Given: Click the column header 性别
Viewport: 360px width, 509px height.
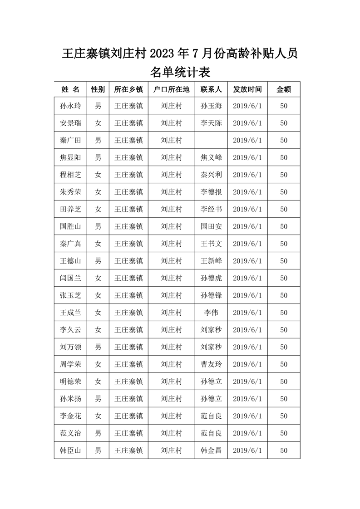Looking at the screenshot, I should (x=98, y=89).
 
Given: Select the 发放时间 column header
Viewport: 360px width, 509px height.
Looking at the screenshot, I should (x=247, y=89).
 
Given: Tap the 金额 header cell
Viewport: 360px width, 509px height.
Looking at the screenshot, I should (x=284, y=89).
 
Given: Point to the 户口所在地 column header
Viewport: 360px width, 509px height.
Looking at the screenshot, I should (x=172, y=89).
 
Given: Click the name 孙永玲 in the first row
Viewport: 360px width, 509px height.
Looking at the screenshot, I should (x=70, y=106).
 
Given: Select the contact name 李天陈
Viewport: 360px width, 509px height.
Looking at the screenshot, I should (x=211, y=123).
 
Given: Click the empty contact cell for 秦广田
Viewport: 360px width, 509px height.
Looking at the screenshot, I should (x=211, y=141).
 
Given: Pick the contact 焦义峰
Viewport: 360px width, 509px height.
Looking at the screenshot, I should (x=211, y=158).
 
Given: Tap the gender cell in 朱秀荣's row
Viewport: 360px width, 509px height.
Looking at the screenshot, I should (x=98, y=192).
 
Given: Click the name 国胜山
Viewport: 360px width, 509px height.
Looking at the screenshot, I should (x=70, y=227).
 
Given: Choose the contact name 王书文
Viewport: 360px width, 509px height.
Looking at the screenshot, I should (x=211, y=244).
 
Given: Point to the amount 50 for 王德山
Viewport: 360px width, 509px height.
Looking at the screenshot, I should (x=284, y=261).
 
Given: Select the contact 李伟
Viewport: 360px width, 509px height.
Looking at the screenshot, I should (x=211, y=313).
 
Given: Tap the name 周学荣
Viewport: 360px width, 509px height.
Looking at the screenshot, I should (x=70, y=365).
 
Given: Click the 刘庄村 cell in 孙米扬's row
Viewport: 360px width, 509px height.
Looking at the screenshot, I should (x=172, y=399).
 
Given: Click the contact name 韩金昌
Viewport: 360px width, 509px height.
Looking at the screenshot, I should (x=211, y=451).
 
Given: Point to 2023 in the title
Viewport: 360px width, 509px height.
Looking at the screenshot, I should (x=162, y=54).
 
